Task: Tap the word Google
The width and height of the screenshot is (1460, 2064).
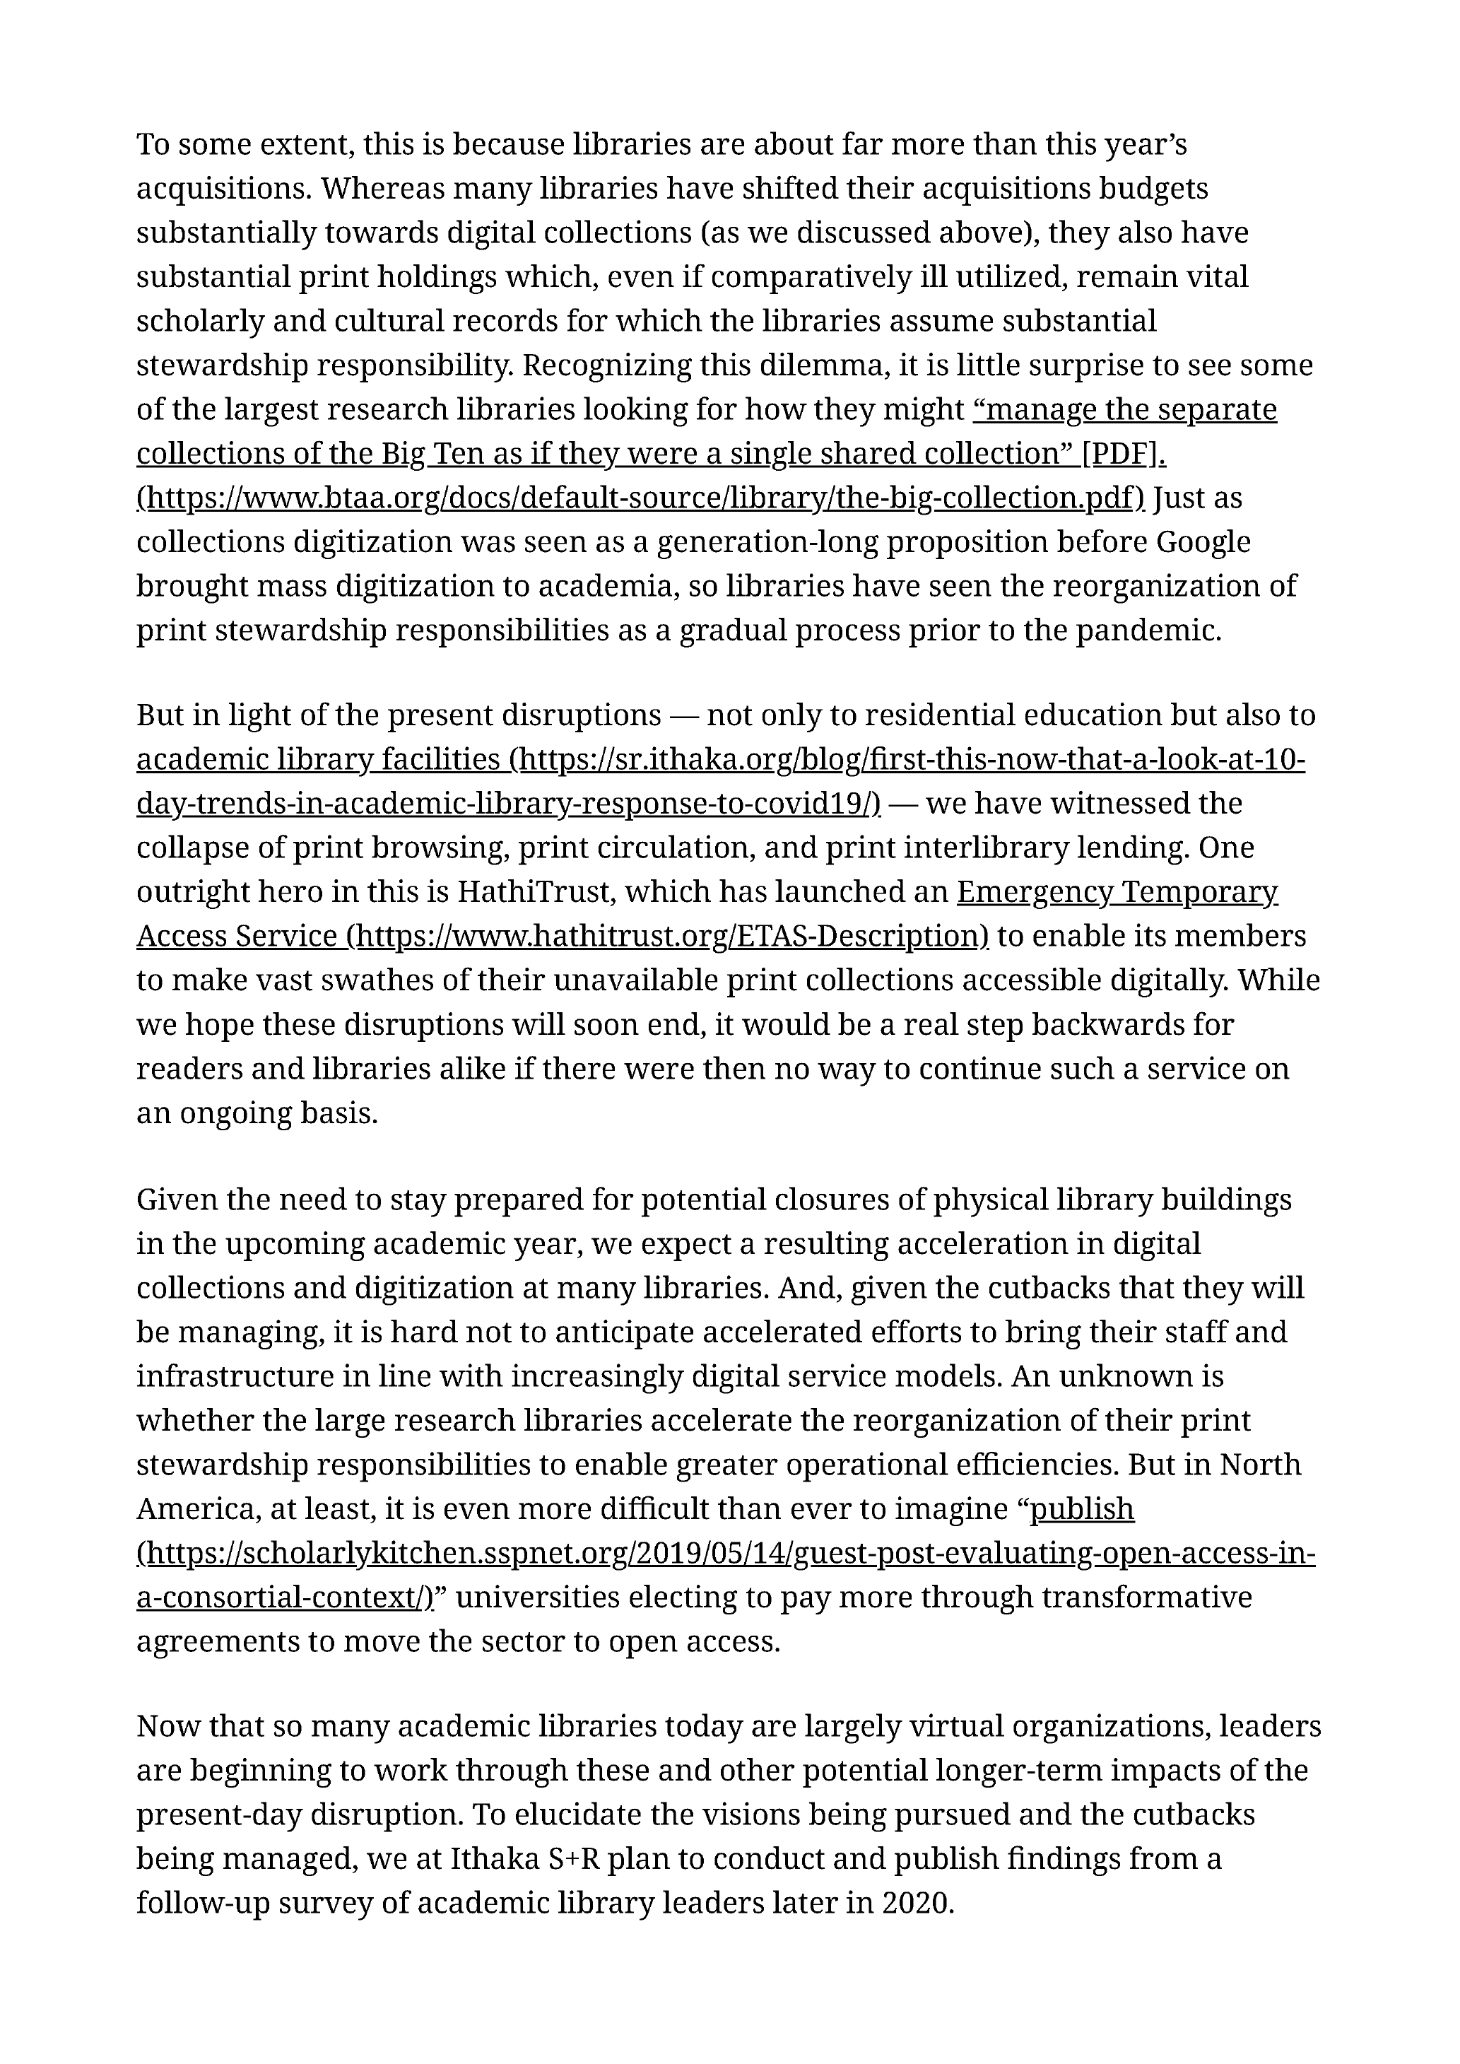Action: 1202,542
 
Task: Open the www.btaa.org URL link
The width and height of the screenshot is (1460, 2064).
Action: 640,498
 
